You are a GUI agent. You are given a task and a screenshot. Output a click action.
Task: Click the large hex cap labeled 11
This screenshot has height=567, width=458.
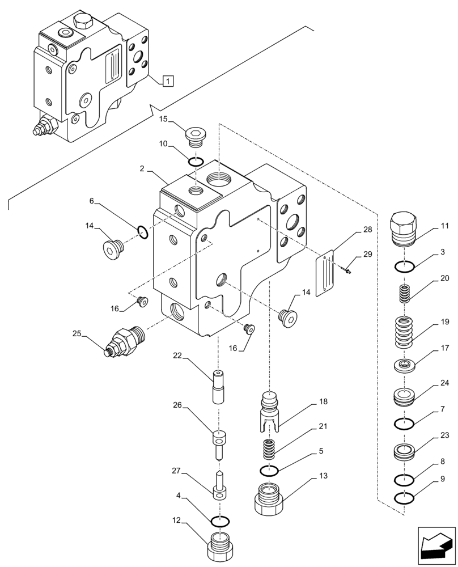click(403, 229)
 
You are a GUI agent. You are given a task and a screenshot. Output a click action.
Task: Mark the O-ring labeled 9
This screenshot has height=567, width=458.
click(403, 499)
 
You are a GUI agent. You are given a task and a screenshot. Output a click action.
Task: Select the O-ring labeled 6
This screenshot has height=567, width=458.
click(143, 232)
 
